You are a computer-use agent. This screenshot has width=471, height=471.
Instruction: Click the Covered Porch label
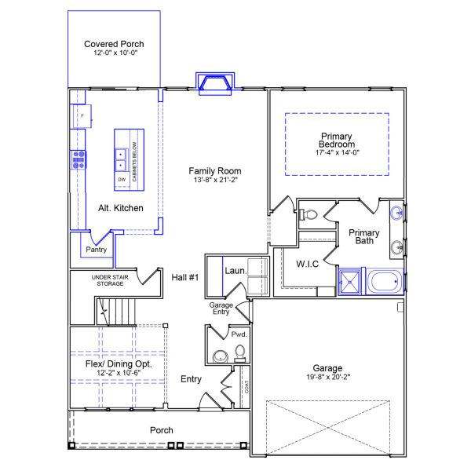114,44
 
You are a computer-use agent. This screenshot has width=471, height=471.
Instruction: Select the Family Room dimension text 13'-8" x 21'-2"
214,181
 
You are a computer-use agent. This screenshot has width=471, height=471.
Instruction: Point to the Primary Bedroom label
336,141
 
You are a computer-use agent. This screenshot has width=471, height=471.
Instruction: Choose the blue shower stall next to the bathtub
351,282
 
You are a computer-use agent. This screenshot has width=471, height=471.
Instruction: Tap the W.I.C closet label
306,263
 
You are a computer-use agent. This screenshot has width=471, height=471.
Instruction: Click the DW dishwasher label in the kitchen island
122,180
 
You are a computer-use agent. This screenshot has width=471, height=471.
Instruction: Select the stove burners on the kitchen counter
78,160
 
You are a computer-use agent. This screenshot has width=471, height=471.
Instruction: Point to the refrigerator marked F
81,117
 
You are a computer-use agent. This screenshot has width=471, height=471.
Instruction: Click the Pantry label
96,250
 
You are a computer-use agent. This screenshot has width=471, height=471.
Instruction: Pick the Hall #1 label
185,276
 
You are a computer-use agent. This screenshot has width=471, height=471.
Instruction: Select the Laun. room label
235,271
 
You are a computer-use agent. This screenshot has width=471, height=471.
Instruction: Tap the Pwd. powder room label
239,334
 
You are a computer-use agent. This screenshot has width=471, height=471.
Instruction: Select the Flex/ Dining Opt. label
118,366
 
